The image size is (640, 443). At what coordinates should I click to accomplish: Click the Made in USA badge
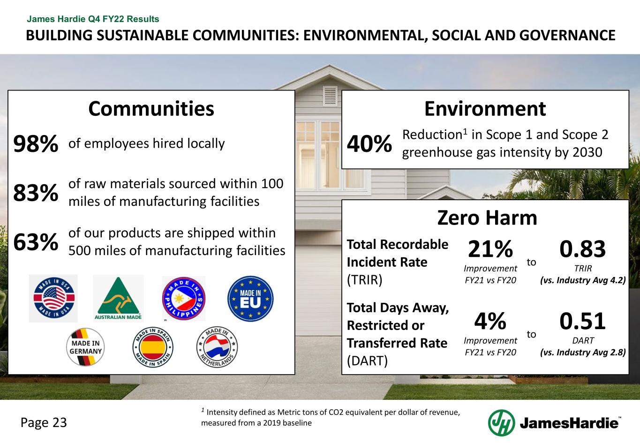(x=53, y=299)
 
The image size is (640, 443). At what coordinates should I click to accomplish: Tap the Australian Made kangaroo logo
(x=118, y=299)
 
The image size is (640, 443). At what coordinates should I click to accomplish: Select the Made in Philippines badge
(x=183, y=299)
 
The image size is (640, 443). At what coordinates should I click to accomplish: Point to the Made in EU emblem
(x=250, y=299)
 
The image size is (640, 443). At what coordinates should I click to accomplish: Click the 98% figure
(x=36, y=144)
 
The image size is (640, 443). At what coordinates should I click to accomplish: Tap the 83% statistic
(x=36, y=193)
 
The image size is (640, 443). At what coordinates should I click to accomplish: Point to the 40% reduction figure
(x=369, y=143)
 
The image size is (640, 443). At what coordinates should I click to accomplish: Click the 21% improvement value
(x=490, y=249)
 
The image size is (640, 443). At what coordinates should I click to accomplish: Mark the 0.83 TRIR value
(x=583, y=249)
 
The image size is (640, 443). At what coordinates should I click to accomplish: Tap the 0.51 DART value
(x=583, y=322)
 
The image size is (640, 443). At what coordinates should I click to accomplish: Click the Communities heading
(x=151, y=109)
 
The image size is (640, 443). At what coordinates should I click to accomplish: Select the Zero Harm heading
(x=487, y=218)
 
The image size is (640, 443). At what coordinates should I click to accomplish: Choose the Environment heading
(x=485, y=109)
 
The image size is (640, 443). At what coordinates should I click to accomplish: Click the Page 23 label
(x=44, y=422)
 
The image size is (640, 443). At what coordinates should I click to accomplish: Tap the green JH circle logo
(x=501, y=422)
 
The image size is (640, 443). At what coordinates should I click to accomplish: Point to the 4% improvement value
(x=490, y=322)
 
